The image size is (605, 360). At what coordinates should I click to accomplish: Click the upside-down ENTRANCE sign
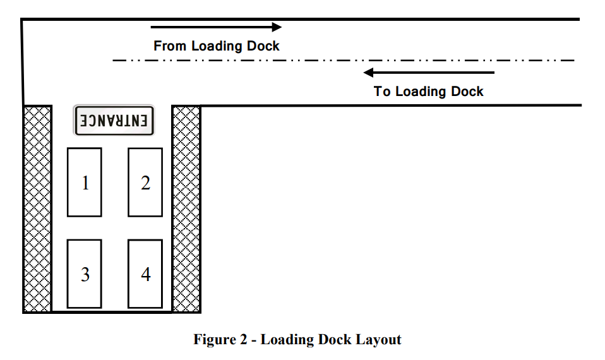(x=114, y=120)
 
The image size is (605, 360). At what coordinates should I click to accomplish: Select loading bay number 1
(x=85, y=183)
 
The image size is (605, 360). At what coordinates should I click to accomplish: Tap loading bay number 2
(x=145, y=183)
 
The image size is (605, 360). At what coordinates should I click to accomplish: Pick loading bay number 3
(x=85, y=274)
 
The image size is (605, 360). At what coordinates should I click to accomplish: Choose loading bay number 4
(x=145, y=274)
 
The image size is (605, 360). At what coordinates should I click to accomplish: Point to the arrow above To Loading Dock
(x=429, y=72)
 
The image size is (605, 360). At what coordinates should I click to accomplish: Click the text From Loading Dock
(x=216, y=46)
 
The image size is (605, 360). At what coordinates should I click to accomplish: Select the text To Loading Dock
(x=429, y=92)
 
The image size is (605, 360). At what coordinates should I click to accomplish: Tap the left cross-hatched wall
(x=37, y=208)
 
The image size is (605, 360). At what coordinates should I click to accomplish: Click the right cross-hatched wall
(x=186, y=208)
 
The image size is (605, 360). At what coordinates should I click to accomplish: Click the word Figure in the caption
(x=213, y=340)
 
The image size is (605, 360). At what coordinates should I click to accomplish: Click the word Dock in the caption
(x=336, y=340)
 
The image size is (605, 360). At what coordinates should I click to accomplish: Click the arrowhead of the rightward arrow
(x=276, y=27)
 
